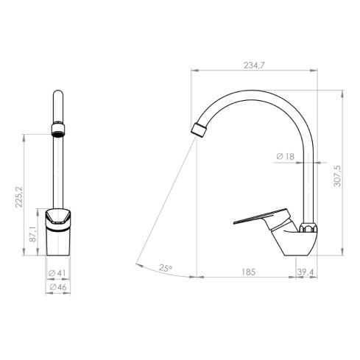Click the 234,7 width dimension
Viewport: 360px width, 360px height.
click(253, 66)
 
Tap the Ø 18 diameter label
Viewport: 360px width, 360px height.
click(285, 157)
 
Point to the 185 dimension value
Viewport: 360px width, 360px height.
click(248, 272)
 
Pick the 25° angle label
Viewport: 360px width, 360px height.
click(165, 269)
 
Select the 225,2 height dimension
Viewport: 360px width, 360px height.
click(20, 196)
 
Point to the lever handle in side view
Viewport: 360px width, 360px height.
click(258, 218)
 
